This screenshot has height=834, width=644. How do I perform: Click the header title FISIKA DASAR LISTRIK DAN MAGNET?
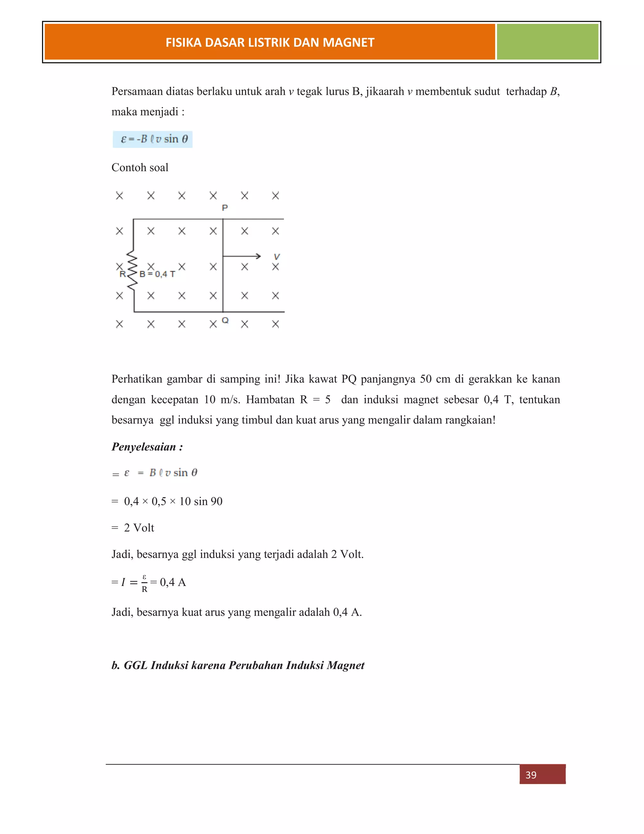pyautogui.click(x=270, y=42)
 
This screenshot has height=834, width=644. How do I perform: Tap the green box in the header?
pyautogui.click(x=547, y=42)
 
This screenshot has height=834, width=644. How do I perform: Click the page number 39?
pyautogui.click(x=531, y=775)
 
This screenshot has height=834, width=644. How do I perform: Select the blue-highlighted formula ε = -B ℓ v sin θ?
pyautogui.click(x=153, y=139)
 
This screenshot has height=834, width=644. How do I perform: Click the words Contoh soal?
pyautogui.click(x=140, y=168)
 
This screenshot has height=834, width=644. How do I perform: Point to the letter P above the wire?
pyautogui.click(x=225, y=208)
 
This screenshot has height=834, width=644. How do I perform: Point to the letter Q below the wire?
pyautogui.click(x=225, y=320)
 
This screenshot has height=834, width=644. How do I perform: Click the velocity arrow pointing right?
pyautogui.click(x=242, y=256)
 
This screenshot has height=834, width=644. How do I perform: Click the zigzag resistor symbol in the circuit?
pyautogui.click(x=132, y=270)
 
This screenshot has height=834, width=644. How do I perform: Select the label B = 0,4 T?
pyautogui.click(x=157, y=274)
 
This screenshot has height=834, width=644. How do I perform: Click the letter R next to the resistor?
pyautogui.click(x=122, y=274)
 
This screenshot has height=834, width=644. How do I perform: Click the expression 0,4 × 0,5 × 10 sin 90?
pyautogui.click(x=173, y=501)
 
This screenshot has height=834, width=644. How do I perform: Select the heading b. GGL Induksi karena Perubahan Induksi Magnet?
pyautogui.click(x=238, y=666)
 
